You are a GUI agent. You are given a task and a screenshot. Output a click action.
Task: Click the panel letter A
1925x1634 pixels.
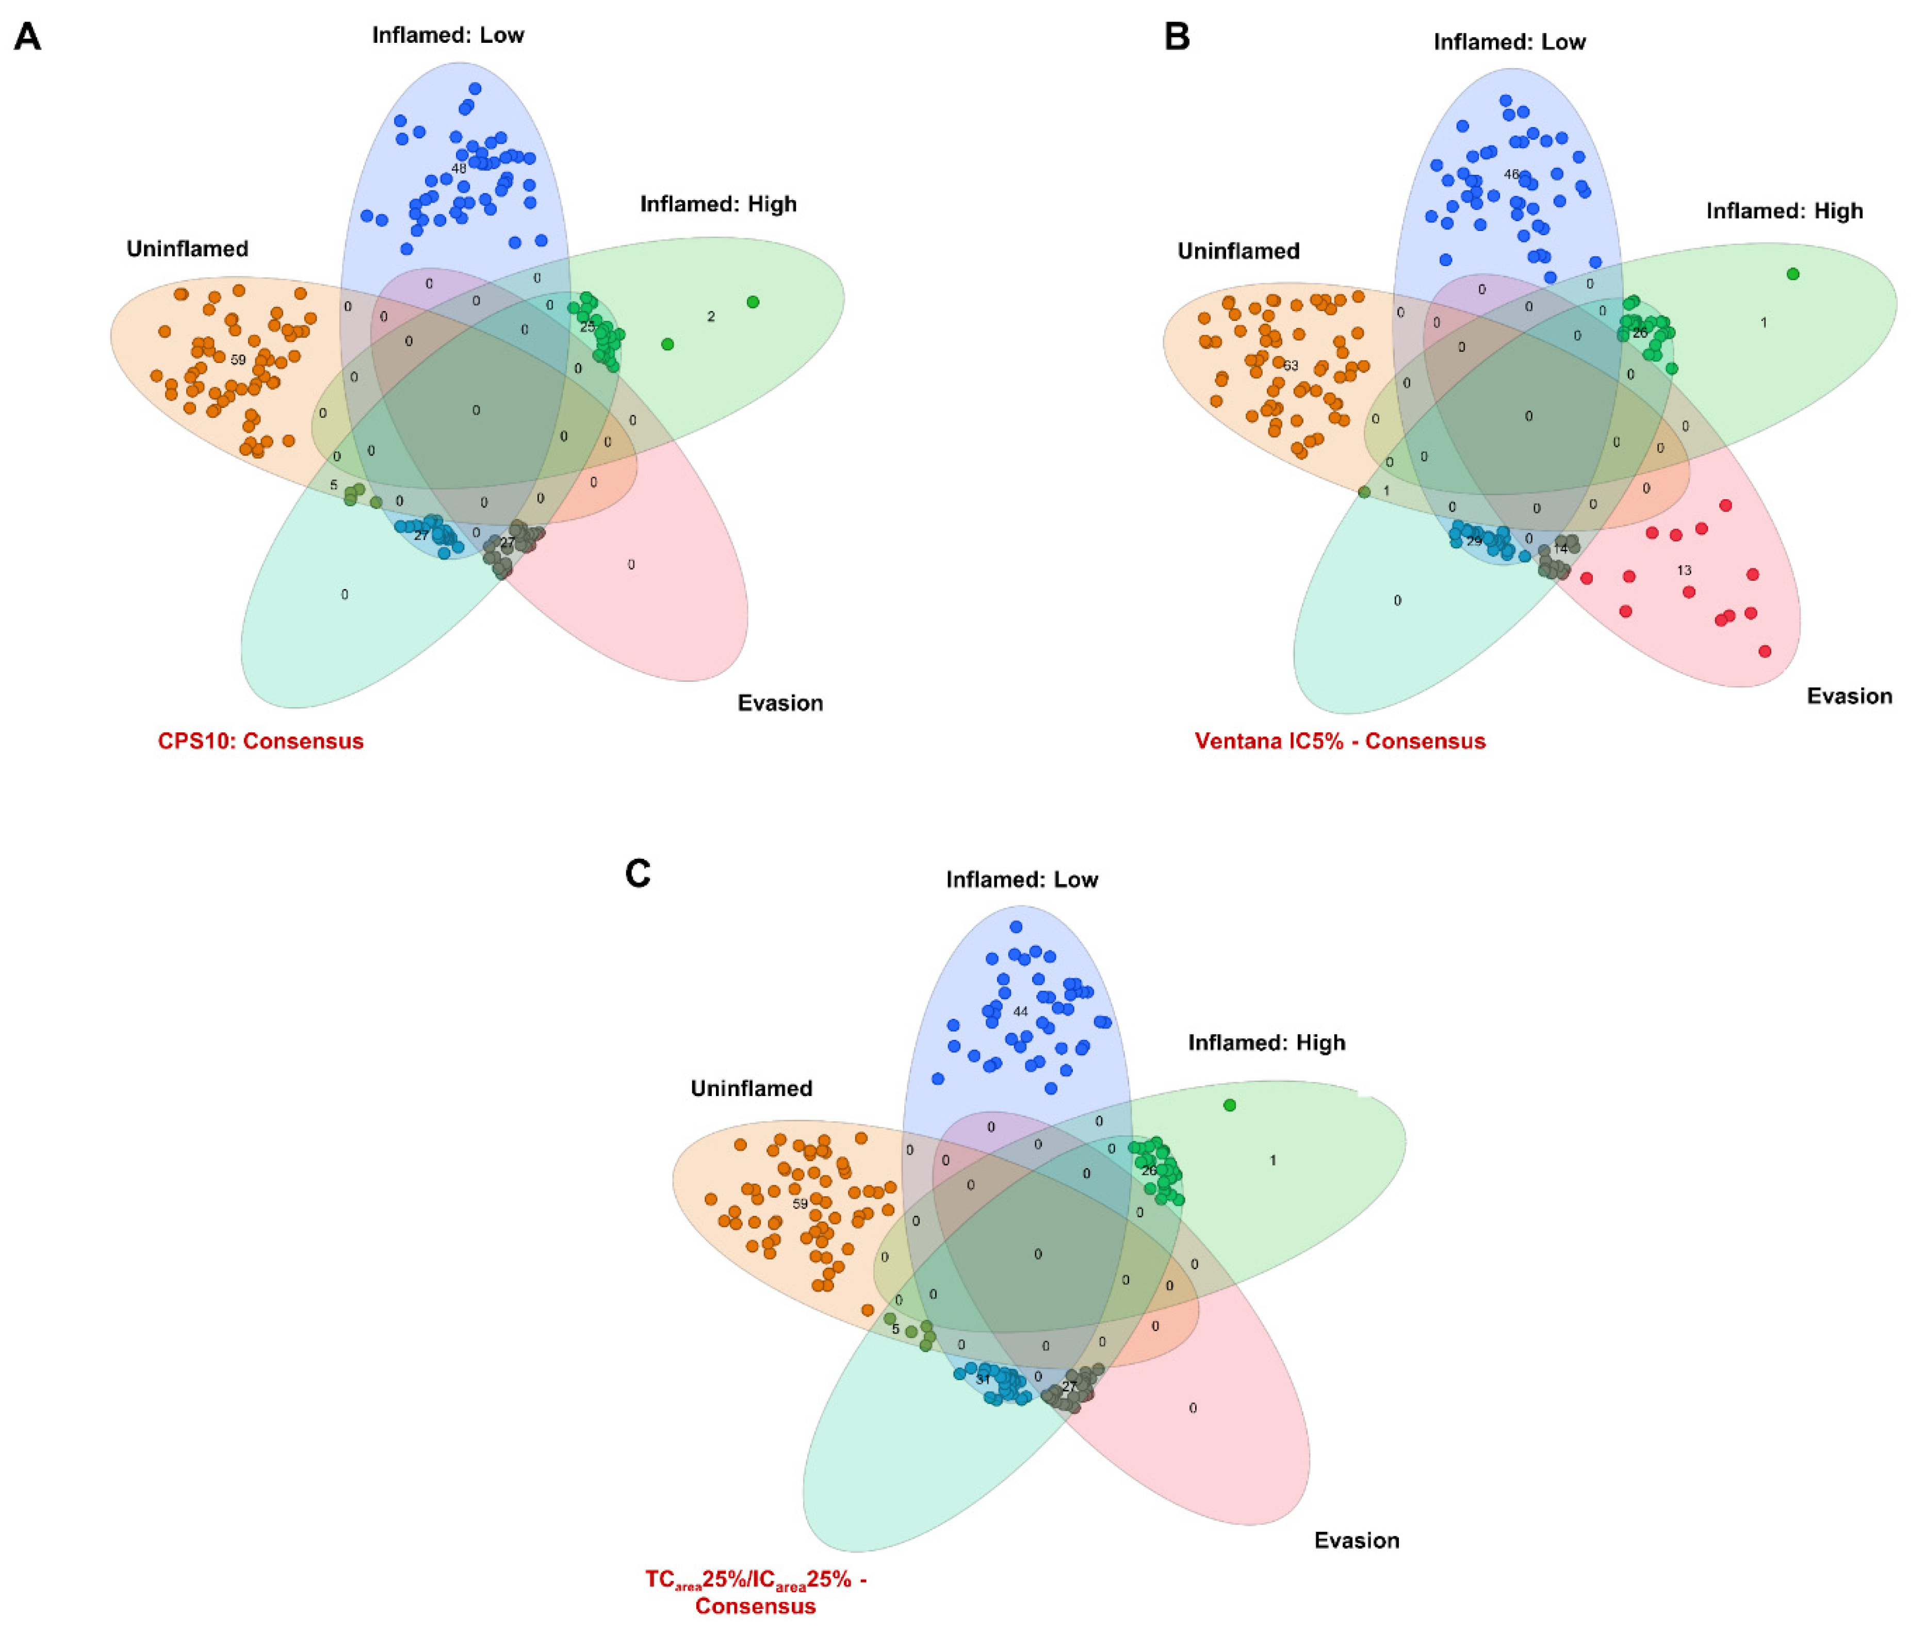pos(28,37)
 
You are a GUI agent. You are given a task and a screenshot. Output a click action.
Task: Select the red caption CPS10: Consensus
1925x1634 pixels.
pos(260,741)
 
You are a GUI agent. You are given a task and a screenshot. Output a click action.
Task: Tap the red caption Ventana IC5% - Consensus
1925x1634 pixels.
pos(1340,741)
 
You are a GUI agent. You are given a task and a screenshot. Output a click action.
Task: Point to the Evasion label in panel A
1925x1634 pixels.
pos(780,703)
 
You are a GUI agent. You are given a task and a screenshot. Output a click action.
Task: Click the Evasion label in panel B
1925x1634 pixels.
pos(1849,697)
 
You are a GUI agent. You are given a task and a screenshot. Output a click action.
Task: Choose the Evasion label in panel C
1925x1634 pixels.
pos(1356,1541)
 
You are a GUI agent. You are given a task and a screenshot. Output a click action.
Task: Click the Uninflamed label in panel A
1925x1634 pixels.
pos(187,249)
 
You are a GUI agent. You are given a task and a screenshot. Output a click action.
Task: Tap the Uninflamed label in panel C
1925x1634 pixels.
pos(752,1088)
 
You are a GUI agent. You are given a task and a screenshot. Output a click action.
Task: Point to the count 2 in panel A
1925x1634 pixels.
pos(710,317)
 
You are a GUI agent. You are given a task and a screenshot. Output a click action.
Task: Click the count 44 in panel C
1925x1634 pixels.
pos(1020,1011)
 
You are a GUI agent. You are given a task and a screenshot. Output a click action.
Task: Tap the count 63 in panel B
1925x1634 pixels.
pos(1291,366)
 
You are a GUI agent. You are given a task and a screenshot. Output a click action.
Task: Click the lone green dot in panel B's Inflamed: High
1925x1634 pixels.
pos(1792,274)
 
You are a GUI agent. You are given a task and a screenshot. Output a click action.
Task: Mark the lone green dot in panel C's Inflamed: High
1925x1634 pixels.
pos(1229,1105)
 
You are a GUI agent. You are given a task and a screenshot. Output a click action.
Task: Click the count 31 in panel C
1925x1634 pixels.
pos(983,1379)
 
